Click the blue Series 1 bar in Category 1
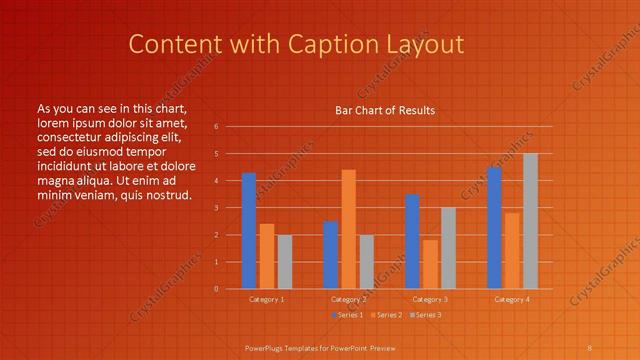[x=249, y=231]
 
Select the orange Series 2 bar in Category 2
[x=348, y=229]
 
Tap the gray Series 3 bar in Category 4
[x=530, y=221]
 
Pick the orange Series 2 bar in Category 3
[x=430, y=264]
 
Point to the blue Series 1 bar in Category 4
[x=494, y=228]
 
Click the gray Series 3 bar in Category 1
[x=285, y=262]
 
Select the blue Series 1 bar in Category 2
[x=330, y=255]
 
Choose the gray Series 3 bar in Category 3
[x=448, y=248]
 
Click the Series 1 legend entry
[x=346, y=315]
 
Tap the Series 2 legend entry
[x=385, y=315]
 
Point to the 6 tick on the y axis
[x=217, y=127]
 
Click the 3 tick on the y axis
[x=217, y=208]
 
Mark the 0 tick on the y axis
[x=217, y=289]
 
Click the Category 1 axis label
[x=266, y=299]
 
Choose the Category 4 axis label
[x=511, y=299]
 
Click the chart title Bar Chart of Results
[x=385, y=110]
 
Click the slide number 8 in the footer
[x=589, y=346]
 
